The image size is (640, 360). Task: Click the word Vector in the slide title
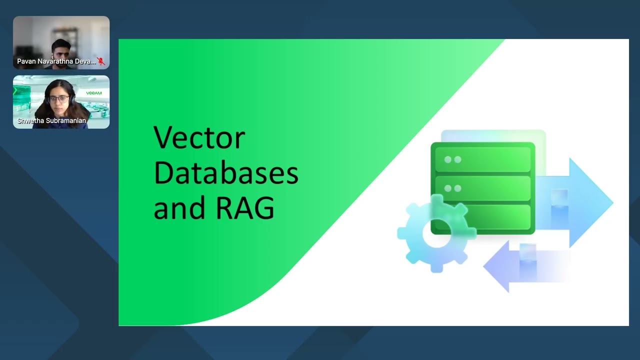199,138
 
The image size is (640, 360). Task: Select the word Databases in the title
225,173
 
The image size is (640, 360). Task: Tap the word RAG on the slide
244,207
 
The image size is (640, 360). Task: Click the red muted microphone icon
101,61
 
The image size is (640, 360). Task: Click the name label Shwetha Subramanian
52,120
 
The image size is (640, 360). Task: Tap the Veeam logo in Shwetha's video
93,93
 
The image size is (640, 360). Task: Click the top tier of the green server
482,159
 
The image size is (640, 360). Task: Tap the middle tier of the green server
482,188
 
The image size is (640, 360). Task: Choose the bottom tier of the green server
482,217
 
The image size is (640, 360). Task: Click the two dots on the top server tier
452,159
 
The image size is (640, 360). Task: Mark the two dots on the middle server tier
452,188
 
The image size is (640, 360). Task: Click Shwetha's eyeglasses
58,98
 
